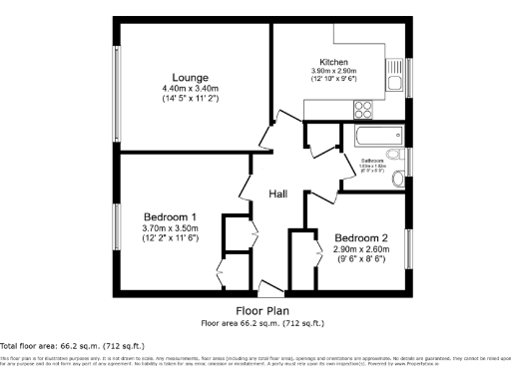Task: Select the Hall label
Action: pos(278,194)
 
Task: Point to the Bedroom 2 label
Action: pos(360,237)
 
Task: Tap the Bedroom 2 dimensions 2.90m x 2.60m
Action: pos(360,249)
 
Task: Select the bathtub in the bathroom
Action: pos(372,135)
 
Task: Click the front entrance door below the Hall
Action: pos(267,289)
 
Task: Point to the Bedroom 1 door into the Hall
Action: pos(245,187)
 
